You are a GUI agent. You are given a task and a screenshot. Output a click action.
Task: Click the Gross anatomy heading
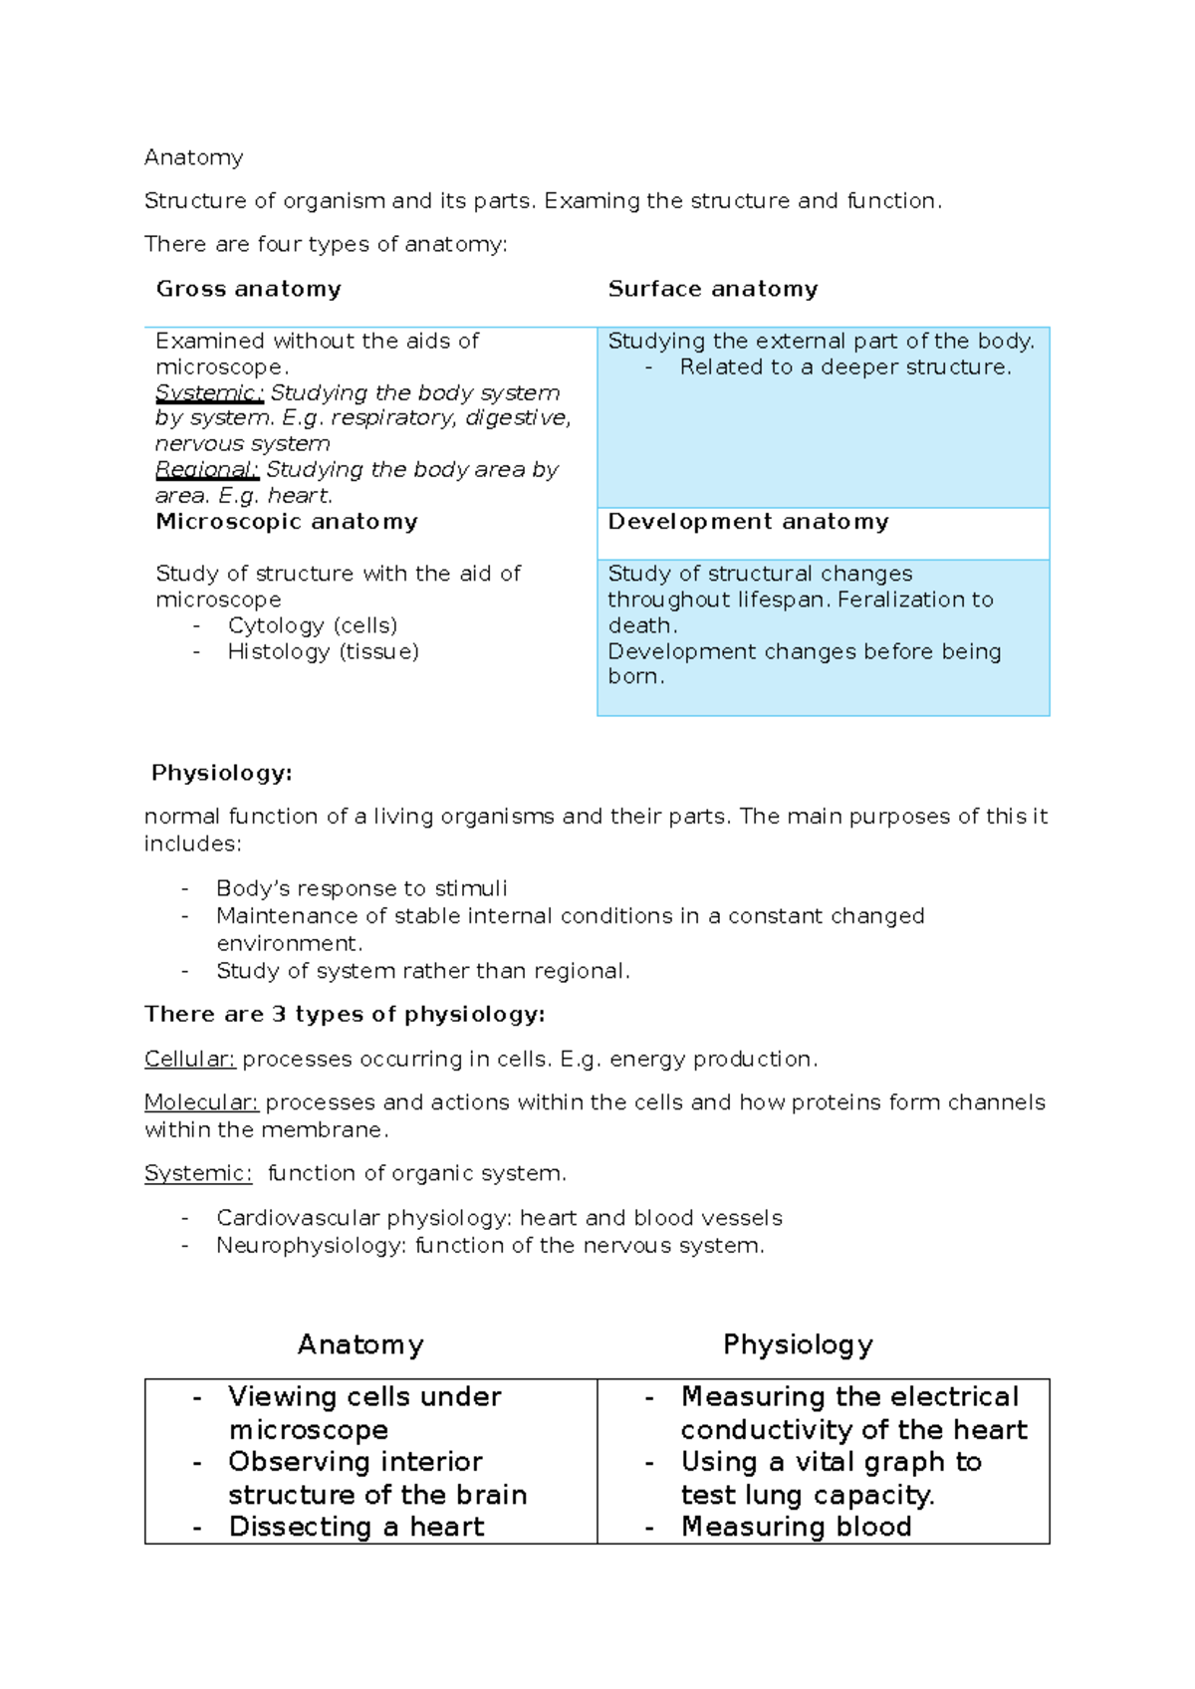(248, 289)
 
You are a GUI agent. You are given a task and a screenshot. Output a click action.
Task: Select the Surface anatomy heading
(713, 289)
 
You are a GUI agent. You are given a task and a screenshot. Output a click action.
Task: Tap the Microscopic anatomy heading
(287, 522)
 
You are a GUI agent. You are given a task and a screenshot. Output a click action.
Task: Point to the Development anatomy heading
(748, 522)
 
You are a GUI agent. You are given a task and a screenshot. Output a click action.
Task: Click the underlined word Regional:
(206, 469)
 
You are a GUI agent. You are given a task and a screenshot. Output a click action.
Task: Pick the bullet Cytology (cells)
(312, 625)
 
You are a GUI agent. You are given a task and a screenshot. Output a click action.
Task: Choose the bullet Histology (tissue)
(323, 651)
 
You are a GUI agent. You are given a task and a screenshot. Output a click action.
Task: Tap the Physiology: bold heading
(221, 773)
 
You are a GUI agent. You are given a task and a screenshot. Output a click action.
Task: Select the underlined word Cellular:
(189, 1059)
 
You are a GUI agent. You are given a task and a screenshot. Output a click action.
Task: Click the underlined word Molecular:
(201, 1102)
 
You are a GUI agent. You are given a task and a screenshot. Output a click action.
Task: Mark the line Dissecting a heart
(356, 1527)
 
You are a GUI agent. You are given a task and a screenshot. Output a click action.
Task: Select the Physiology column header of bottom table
(798, 1344)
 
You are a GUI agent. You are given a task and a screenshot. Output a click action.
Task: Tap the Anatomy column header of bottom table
(360, 1344)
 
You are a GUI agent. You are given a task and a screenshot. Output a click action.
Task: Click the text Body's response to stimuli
(361, 888)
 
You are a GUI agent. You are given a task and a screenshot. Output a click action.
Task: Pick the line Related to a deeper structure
(844, 366)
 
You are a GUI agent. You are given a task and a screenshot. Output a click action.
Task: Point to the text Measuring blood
(796, 1527)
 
